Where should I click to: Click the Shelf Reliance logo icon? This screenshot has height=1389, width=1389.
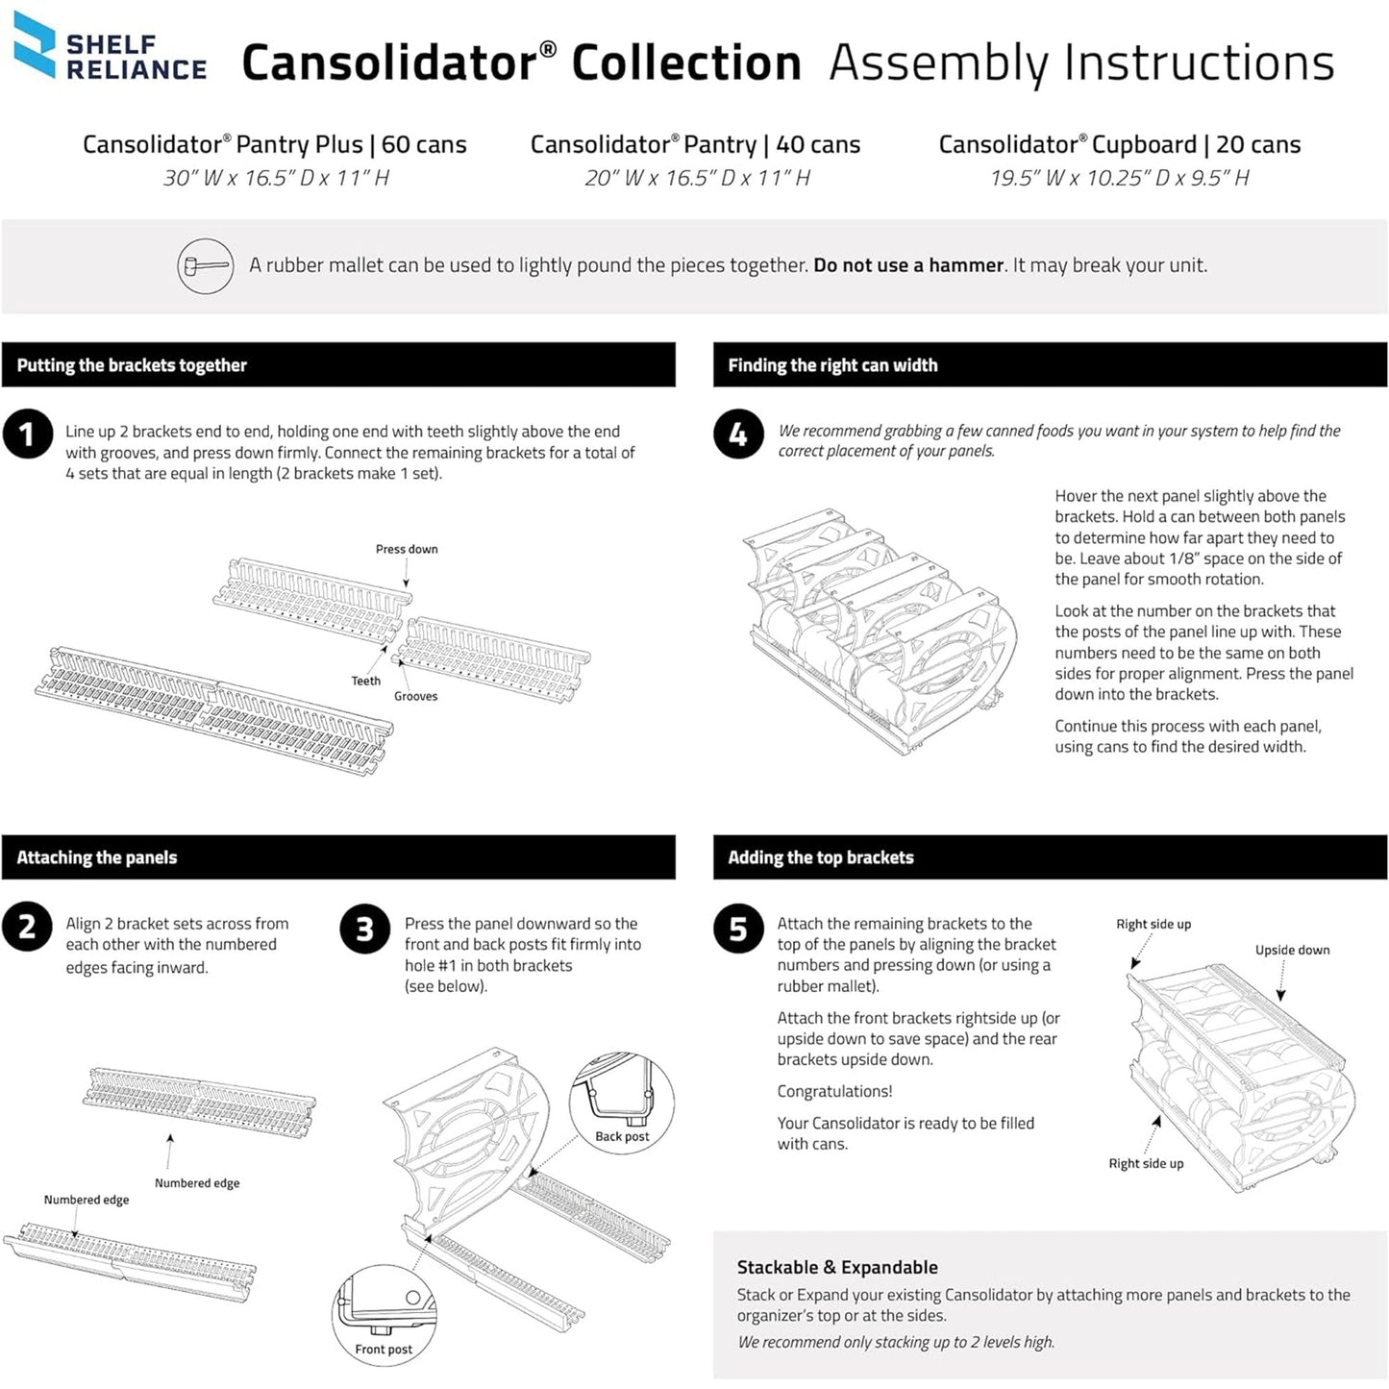point(35,44)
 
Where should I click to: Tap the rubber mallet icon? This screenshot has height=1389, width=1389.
point(206,266)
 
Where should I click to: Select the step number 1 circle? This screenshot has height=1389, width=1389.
point(27,434)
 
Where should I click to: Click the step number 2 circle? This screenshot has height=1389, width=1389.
point(27,927)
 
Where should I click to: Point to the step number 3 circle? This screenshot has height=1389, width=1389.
point(364,929)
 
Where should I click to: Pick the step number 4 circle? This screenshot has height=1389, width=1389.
point(738,434)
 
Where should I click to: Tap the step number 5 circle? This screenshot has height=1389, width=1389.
point(738,929)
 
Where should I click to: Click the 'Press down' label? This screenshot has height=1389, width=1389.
point(407,549)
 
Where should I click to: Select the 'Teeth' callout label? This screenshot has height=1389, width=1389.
point(365,681)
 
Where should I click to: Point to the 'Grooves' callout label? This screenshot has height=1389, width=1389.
point(415,696)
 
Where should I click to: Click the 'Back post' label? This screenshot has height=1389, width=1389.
point(622,1136)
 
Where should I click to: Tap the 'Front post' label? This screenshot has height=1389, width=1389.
point(384,1349)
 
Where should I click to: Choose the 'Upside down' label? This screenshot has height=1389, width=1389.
point(1292,950)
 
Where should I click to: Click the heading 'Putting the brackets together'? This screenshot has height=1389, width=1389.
point(132,365)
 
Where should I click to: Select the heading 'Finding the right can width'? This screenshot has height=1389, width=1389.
point(832,365)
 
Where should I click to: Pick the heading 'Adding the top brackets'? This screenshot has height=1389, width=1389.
point(821,857)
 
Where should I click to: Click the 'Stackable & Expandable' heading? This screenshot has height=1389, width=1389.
point(837,1267)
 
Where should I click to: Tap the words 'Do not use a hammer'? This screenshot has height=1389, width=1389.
point(908,265)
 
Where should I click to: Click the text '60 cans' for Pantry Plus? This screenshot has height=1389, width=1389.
point(424,144)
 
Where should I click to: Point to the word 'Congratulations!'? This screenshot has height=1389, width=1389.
point(834,1091)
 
